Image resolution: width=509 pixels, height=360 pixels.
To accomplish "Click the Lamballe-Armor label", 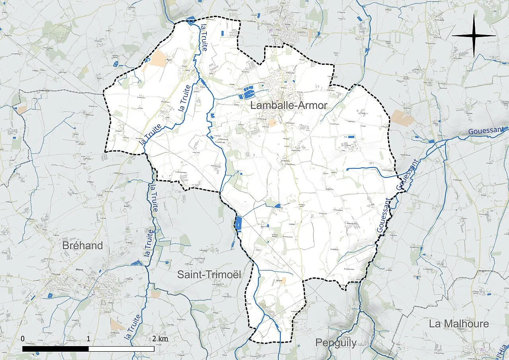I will pyautogui.click(x=289, y=105).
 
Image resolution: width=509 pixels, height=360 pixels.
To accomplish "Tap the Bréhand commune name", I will pyautogui.click(x=82, y=245).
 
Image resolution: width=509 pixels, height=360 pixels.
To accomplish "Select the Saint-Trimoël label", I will pyautogui.click(x=209, y=274).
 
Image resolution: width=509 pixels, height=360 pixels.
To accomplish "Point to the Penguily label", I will pyautogui.click(x=336, y=342).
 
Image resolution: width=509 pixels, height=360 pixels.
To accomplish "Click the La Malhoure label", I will pyautogui.click(x=458, y=324).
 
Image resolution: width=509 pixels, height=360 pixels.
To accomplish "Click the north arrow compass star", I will pyautogui.click(x=474, y=36).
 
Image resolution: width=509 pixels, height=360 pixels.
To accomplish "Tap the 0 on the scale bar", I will pyautogui.click(x=23, y=339).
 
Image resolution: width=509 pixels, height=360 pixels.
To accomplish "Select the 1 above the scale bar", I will pyautogui.click(x=88, y=339).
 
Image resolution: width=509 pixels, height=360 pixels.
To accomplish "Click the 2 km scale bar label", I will pyautogui.click(x=160, y=339).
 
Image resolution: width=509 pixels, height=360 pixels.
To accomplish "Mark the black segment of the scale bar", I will pyautogui.click(x=55, y=348).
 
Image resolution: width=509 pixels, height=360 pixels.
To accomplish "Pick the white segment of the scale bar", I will pyautogui.click(x=121, y=348).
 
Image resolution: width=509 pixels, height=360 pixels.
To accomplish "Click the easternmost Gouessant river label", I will pyautogui.click(x=486, y=130).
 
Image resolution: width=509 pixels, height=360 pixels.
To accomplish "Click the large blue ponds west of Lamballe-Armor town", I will pyautogui.click(x=248, y=93).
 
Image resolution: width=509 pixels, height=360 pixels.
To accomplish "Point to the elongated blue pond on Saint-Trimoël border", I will pyautogui.click(x=239, y=224).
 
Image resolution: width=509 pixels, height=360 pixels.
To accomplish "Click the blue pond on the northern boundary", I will pyautogui.click(x=190, y=19).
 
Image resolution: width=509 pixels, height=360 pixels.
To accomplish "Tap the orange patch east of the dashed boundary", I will pyautogui.click(x=402, y=118).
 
